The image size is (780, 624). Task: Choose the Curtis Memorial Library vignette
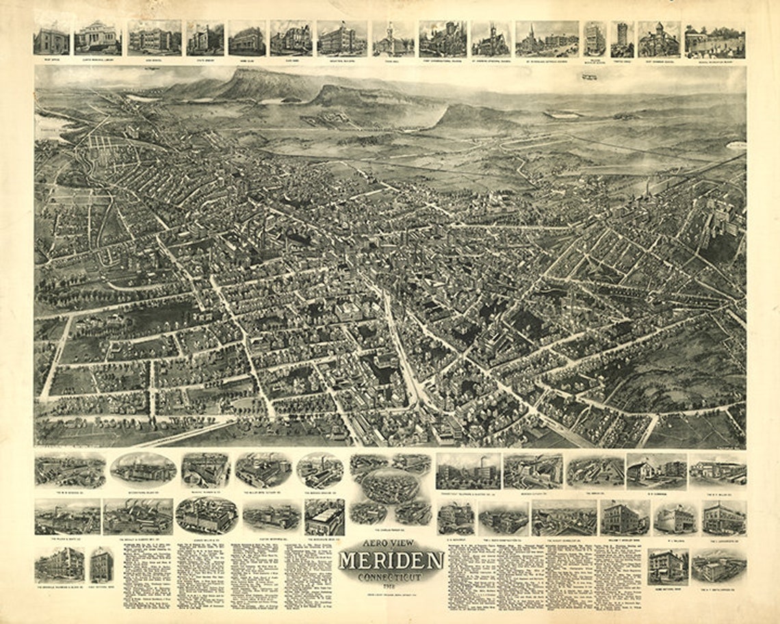click(97, 38)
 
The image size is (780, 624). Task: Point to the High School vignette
click(154, 38)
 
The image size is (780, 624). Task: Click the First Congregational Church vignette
click(443, 38)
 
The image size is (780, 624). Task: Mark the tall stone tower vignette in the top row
click(621, 39)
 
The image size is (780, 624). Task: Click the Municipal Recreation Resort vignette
click(714, 42)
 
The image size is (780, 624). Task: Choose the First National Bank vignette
click(101, 565)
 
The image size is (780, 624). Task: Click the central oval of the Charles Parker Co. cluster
click(391, 486)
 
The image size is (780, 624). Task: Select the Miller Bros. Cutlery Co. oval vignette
click(263, 470)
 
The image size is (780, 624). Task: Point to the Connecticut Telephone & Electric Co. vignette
click(468, 471)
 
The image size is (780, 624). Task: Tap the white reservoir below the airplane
click(565, 115)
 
